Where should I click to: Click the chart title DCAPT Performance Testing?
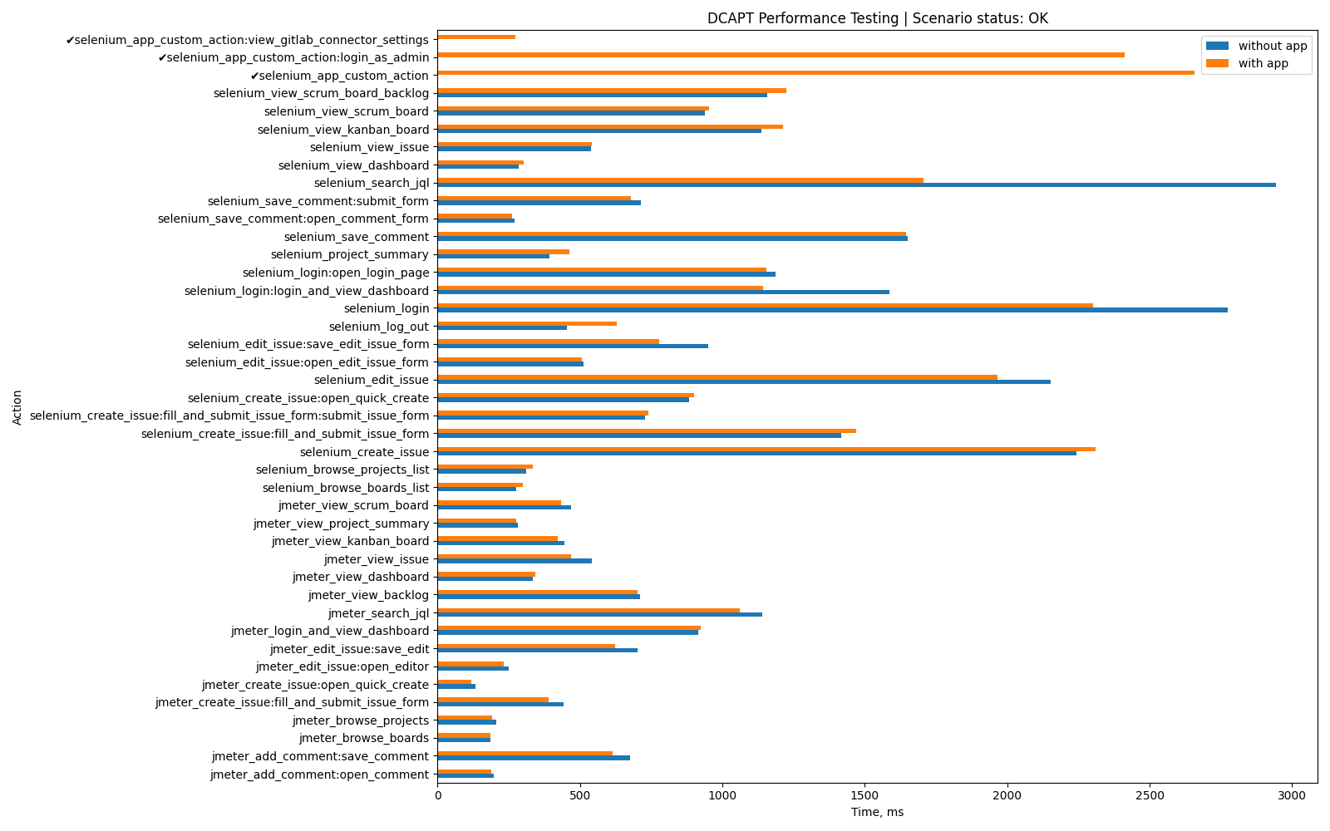(x=877, y=18)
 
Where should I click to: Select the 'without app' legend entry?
(x=1272, y=46)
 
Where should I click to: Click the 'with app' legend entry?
(x=1263, y=63)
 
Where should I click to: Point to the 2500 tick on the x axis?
(x=1150, y=796)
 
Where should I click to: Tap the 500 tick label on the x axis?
(x=580, y=796)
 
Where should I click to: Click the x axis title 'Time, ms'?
(x=877, y=812)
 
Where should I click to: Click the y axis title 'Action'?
(x=17, y=407)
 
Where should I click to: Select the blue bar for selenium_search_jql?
(x=856, y=184)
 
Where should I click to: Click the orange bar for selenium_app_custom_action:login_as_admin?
(x=781, y=55)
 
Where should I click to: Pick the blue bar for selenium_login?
(x=832, y=310)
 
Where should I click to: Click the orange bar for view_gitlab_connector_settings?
(x=476, y=37)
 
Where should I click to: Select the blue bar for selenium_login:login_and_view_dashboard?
(x=663, y=293)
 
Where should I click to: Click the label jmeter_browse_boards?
(x=364, y=738)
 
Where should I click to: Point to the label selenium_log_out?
(x=379, y=327)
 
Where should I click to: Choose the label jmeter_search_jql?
(x=378, y=613)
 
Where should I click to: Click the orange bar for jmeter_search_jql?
(x=589, y=610)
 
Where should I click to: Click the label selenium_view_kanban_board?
(x=343, y=130)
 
